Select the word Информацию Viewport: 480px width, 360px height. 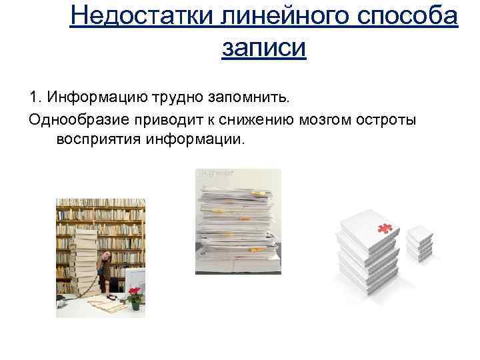coord(91,98)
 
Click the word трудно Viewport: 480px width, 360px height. coord(173,98)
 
